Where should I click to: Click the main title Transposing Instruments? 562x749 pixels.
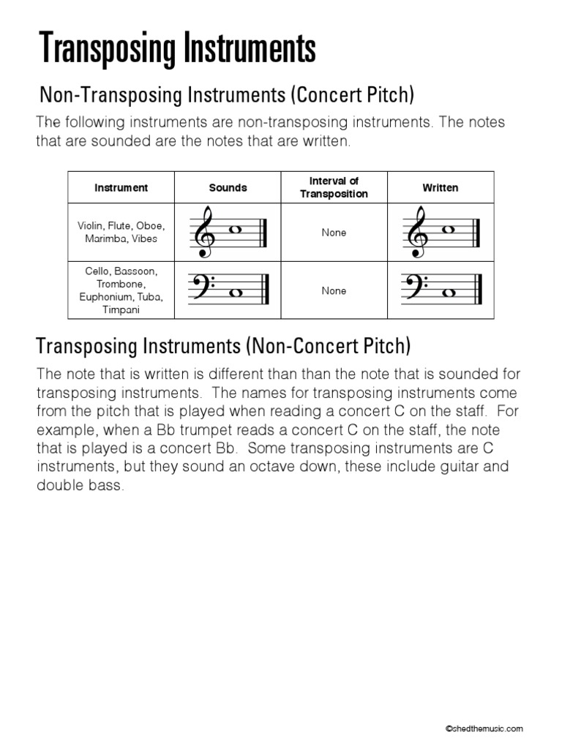(x=177, y=49)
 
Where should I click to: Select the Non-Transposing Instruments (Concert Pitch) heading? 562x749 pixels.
(x=227, y=94)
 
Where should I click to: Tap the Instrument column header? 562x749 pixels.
(x=121, y=188)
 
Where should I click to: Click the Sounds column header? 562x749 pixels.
(x=228, y=188)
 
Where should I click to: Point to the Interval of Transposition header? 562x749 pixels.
(x=334, y=187)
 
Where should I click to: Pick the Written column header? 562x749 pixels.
(x=441, y=188)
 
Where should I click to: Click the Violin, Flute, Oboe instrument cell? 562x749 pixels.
(x=121, y=233)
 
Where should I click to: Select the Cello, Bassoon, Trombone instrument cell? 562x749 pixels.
(x=121, y=290)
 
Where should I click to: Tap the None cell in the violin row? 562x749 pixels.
(x=334, y=233)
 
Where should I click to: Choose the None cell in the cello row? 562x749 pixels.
(x=334, y=291)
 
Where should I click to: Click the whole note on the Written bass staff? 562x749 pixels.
(x=449, y=293)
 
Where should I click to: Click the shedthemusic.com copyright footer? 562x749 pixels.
(x=485, y=729)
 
